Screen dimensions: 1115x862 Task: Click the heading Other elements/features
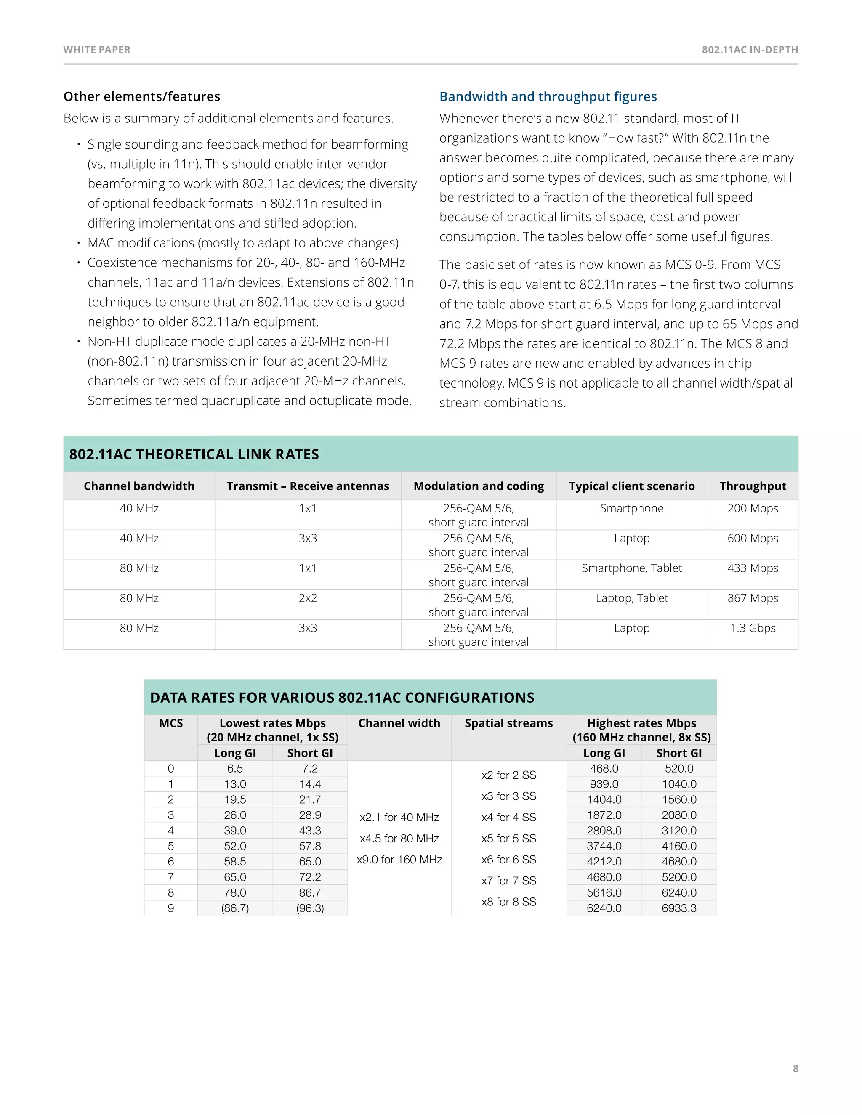pyautogui.click(x=141, y=96)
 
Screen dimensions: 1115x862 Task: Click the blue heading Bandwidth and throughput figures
pyautogui.click(x=548, y=96)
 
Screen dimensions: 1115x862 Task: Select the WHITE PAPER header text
pyautogui.click(x=97, y=50)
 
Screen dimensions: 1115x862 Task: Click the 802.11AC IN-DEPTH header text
pyautogui.click(x=750, y=50)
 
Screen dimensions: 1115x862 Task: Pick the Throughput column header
pyautogui.click(x=752, y=486)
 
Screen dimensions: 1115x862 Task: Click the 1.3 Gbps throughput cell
pyautogui.click(x=752, y=628)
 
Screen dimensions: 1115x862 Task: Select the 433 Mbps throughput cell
pyautogui.click(x=752, y=568)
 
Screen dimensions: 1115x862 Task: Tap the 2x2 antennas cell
pyautogui.click(x=308, y=598)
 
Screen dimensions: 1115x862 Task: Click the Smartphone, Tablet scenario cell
pyautogui.click(x=632, y=568)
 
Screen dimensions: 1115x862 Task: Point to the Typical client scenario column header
pyautogui.click(x=632, y=486)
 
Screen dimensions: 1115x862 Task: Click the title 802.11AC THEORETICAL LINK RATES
pyautogui.click(x=194, y=454)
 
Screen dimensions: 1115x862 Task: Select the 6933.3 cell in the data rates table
pyautogui.click(x=678, y=908)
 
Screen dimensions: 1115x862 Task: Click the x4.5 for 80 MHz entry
pyautogui.click(x=399, y=838)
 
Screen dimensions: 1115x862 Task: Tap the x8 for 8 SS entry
pyautogui.click(x=508, y=902)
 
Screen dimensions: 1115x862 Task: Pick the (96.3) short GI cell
pyautogui.click(x=310, y=908)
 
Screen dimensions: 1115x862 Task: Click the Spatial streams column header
pyautogui.click(x=508, y=723)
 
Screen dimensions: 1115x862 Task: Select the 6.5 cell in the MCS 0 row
pyautogui.click(x=235, y=768)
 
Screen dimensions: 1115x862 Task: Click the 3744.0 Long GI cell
pyautogui.click(x=604, y=846)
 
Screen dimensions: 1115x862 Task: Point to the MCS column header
pyautogui.click(x=170, y=723)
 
